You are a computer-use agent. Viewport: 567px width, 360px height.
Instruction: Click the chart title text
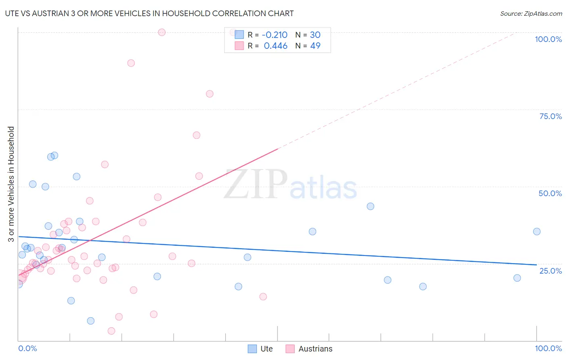tap(149, 13)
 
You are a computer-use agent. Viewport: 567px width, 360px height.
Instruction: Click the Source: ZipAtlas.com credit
tap(531, 13)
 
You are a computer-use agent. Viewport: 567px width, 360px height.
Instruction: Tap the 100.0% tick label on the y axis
tap(548, 39)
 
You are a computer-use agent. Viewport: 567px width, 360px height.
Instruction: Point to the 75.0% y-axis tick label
tap(550, 116)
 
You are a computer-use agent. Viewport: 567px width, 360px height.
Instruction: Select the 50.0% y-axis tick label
tap(550, 193)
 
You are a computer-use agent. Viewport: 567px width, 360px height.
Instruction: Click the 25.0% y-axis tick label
tap(550, 271)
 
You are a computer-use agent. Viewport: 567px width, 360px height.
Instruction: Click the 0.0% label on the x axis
tap(27, 348)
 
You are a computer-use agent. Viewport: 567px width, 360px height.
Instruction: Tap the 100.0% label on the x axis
tap(548, 348)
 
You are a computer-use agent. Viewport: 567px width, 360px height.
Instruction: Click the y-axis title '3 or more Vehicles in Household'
tap(11, 184)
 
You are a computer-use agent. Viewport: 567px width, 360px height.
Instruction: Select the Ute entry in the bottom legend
tap(266, 349)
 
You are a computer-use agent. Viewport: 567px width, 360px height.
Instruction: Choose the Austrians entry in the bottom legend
tap(315, 349)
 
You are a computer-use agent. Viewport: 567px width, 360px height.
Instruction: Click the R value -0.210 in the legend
tap(274, 35)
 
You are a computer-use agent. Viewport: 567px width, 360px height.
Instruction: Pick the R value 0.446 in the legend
tap(275, 46)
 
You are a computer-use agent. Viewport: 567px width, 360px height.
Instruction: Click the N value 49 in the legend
tap(315, 46)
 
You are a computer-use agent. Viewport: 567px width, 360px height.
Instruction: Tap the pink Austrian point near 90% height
tap(131, 63)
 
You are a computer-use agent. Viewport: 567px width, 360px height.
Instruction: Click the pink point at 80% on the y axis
tap(209, 94)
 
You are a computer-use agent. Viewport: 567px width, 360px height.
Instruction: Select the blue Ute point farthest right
tap(536, 231)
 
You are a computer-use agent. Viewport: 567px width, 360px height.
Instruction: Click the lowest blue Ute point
tap(91, 321)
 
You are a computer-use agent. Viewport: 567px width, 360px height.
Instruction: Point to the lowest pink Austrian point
tap(111, 331)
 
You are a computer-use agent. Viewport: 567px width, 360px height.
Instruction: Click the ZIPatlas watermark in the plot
tap(290, 185)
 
